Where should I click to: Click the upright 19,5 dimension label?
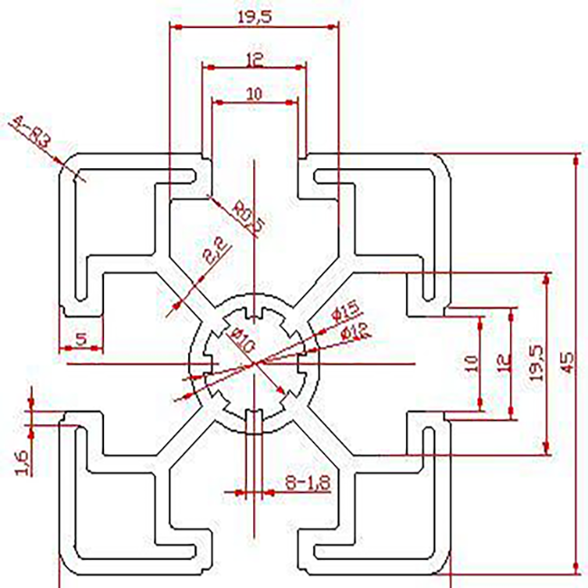(x=254, y=16)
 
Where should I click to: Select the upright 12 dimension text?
(x=254, y=60)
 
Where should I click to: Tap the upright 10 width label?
(x=254, y=92)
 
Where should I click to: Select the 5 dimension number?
(x=81, y=339)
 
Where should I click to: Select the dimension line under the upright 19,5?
(x=254, y=26)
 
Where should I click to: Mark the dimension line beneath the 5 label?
(x=81, y=349)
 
